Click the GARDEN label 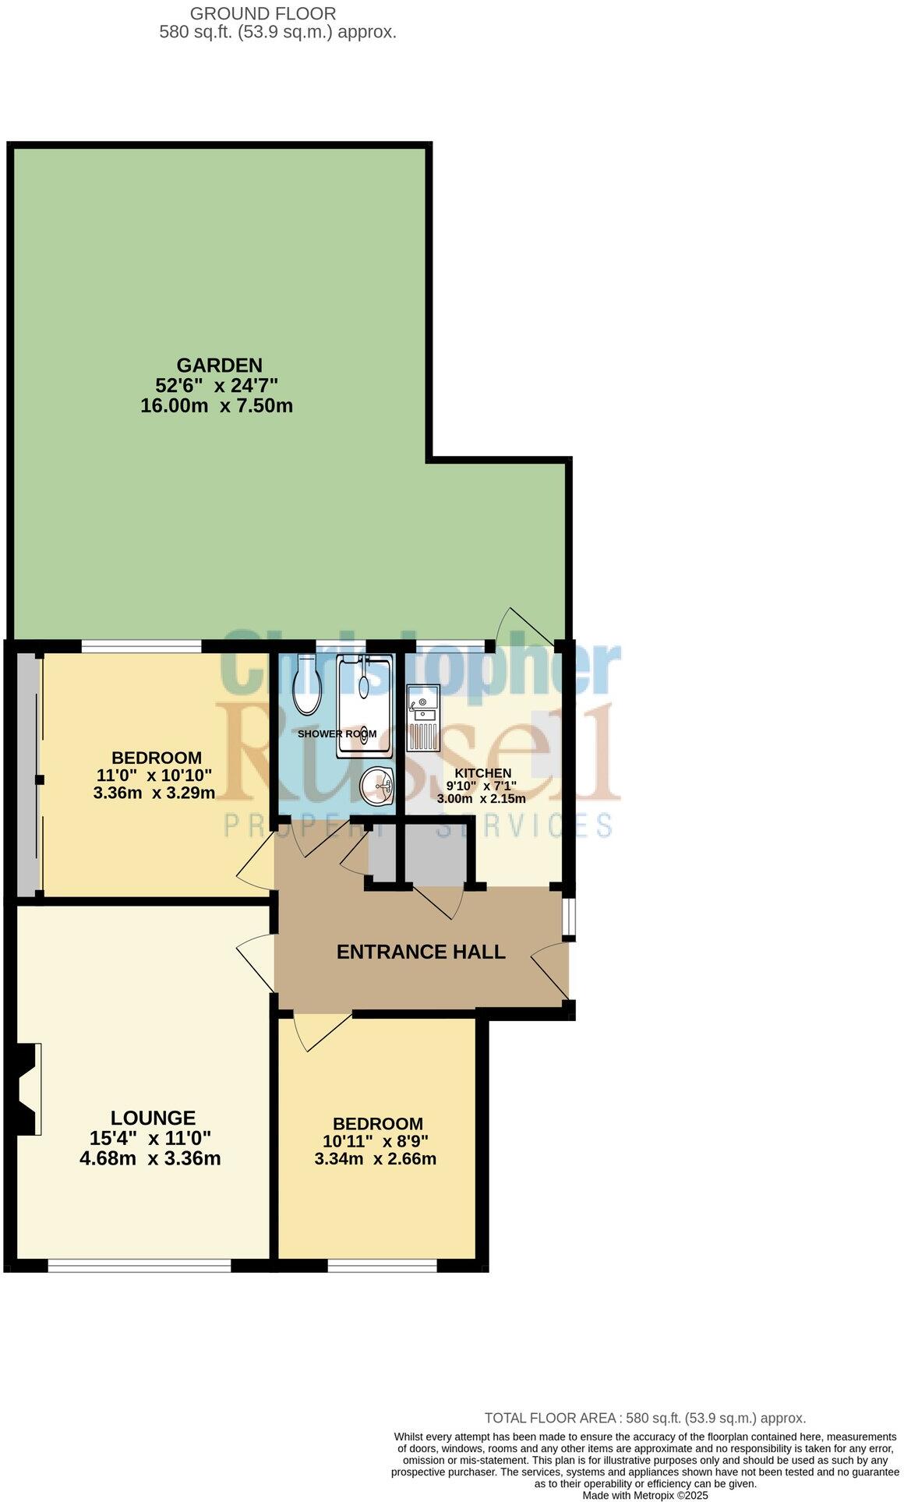point(219,365)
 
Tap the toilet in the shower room point(304,685)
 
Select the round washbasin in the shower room point(378,784)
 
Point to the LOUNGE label point(153,1118)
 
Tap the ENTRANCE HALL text point(421,952)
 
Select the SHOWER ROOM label point(337,733)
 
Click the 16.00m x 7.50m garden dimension point(217,405)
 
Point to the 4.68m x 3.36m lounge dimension point(150,1158)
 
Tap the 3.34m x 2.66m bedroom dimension point(375,1158)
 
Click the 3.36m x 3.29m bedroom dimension point(154,793)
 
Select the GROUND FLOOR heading point(263,13)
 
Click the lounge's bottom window point(139,1266)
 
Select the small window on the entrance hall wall point(571,916)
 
